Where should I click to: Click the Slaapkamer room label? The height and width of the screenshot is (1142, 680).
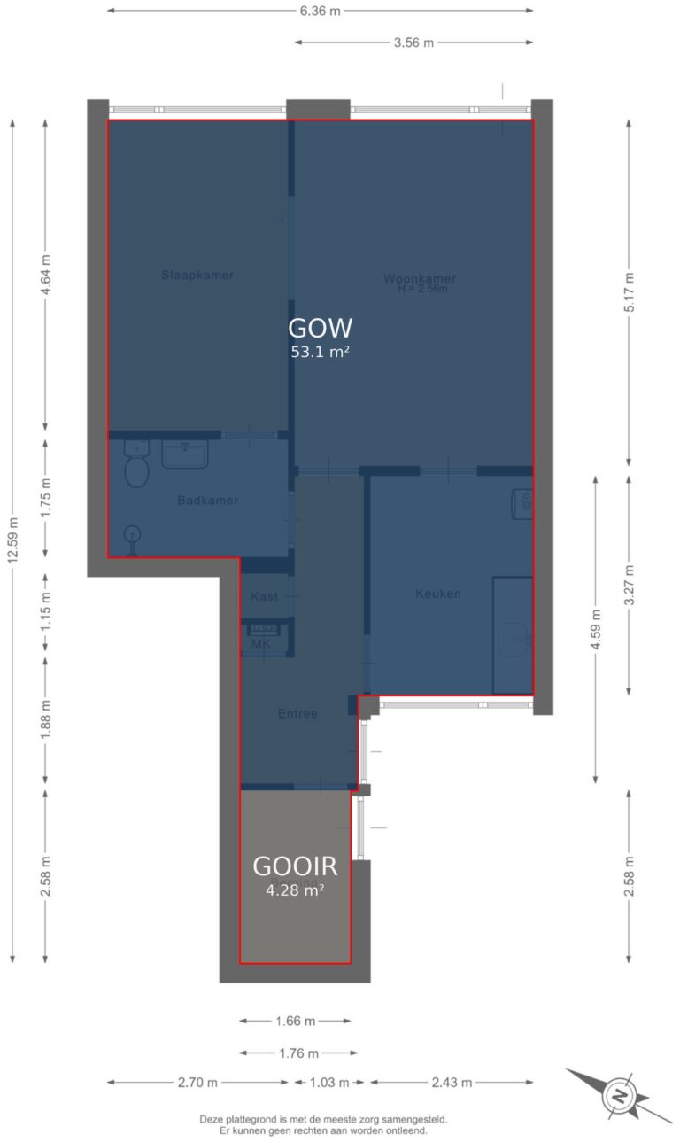point(197,275)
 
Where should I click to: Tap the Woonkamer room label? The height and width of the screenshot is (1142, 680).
point(420,278)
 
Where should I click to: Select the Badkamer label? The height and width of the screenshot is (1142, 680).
point(207,501)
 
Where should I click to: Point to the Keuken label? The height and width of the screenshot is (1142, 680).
point(438,594)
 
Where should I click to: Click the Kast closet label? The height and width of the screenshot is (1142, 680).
point(264,596)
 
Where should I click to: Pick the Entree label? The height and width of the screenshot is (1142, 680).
point(297,713)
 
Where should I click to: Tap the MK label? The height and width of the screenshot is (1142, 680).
point(261,644)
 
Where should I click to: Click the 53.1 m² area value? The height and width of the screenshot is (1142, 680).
point(321,352)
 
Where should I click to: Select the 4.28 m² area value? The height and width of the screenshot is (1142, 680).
point(295,890)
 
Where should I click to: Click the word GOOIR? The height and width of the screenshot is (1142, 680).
point(295,866)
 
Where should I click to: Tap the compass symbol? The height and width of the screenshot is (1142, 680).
point(619,1097)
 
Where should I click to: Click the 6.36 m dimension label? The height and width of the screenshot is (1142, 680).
point(320,11)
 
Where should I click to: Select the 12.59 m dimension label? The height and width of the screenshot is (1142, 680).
point(12,540)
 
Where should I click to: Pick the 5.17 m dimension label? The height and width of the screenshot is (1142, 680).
point(629,291)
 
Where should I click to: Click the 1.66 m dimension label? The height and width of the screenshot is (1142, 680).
point(295,1021)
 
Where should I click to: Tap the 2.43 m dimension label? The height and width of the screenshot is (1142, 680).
point(452,1082)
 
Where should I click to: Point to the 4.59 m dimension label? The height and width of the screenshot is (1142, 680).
point(596,629)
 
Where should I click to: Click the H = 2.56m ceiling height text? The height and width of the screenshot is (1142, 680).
point(422,289)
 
